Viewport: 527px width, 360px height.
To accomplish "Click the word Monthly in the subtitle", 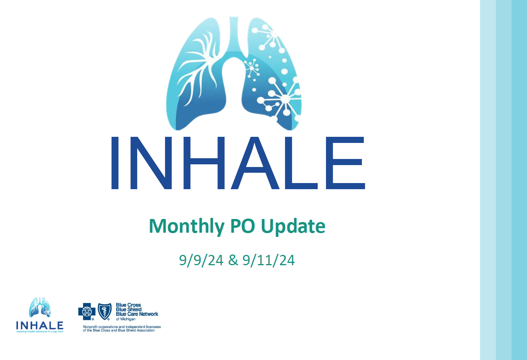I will pos(186,226).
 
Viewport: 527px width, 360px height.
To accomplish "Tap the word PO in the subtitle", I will pos(242,226).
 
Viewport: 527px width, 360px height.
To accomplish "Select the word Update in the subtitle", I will pos(293,226).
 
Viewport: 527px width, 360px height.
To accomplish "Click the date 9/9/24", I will pos(201,260).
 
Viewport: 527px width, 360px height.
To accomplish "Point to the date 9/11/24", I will pos(269,260).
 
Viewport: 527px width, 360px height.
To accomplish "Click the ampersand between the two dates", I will pos(233,260).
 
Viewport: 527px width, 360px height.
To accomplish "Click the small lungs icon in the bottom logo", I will pos(40,307).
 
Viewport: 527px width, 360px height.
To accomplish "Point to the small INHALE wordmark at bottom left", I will pos(40,325).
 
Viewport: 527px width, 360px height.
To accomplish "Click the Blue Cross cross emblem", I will pos(87,311).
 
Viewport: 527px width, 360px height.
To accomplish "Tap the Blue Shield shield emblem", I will pos(105,311).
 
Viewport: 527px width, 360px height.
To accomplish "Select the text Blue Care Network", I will pos(137,314).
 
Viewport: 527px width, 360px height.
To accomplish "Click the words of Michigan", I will pos(126,319).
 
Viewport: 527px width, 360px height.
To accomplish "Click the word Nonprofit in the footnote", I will pos(90,327).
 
